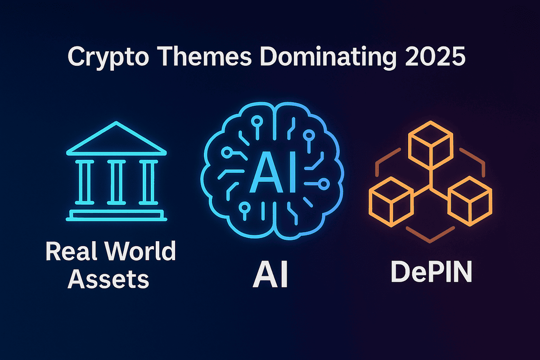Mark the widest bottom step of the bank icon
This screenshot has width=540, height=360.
[x=117, y=219]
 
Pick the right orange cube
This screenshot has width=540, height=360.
[x=470, y=198]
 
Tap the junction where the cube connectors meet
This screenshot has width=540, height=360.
[x=431, y=184]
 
